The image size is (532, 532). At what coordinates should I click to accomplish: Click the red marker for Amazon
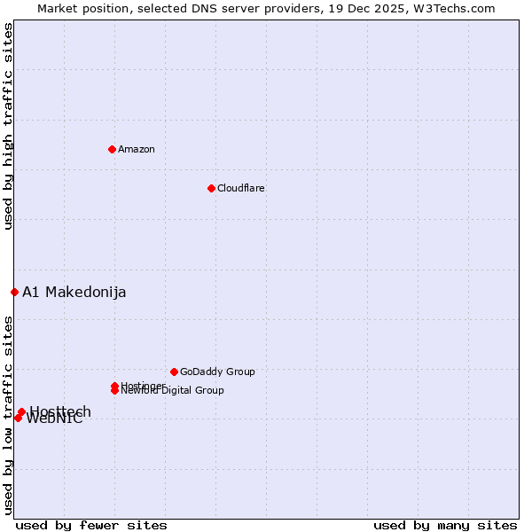tap(112, 149)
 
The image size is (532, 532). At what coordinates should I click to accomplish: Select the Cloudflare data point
tap(211, 188)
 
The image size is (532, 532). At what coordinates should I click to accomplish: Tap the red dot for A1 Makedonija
tap(14, 292)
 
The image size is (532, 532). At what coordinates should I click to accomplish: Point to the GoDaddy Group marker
tap(174, 372)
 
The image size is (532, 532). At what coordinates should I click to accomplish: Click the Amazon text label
tap(137, 149)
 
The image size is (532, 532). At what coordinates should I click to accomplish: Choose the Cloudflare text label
tap(241, 188)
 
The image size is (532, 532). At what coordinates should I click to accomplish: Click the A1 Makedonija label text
tap(74, 293)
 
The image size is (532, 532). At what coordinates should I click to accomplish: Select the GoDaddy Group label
tap(217, 372)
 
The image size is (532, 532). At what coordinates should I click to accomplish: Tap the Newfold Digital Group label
tap(173, 391)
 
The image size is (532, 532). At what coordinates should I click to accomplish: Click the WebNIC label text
tap(55, 419)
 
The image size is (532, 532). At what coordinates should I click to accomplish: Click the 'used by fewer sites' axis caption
tap(91, 525)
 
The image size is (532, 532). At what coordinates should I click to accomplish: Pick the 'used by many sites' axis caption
tap(445, 525)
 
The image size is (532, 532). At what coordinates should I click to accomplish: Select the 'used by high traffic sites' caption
tap(9, 126)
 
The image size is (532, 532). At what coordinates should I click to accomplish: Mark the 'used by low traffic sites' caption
tap(9, 415)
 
